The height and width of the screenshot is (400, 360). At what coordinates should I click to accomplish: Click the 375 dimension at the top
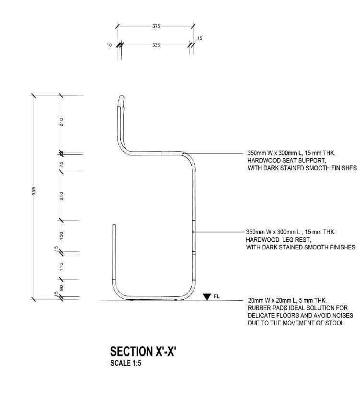pyautogui.click(x=156, y=26)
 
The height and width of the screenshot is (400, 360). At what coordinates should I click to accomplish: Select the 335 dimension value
pyautogui.click(x=156, y=45)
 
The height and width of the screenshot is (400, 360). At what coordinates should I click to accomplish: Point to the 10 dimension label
pyautogui.click(x=109, y=45)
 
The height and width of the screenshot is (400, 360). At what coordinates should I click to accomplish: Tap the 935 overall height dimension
pyautogui.click(x=34, y=191)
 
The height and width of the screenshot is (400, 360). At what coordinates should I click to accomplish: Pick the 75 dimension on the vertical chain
pyautogui.click(x=61, y=165)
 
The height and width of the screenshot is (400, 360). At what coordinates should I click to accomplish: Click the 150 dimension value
pyautogui.click(x=61, y=235)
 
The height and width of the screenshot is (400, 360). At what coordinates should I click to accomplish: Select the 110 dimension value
pyautogui.click(x=61, y=267)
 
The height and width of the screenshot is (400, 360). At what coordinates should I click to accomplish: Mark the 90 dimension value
pyautogui.click(x=61, y=288)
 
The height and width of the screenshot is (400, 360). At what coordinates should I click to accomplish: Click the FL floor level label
pyautogui.click(x=217, y=297)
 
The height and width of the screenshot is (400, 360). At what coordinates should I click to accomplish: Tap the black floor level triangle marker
pyautogui.click(x=207, y=296)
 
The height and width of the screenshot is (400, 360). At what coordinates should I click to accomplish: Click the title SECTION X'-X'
pyautogui.click(x=143, y=351)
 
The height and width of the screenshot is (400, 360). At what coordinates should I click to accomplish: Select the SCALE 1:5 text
pyautogui.click(x=126, y=363)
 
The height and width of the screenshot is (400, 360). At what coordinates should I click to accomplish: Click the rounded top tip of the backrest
pyautogui.click(x=122, y=96)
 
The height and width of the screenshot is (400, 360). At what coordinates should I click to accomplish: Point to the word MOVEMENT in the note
pyautogui.click(x=297, y=323)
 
